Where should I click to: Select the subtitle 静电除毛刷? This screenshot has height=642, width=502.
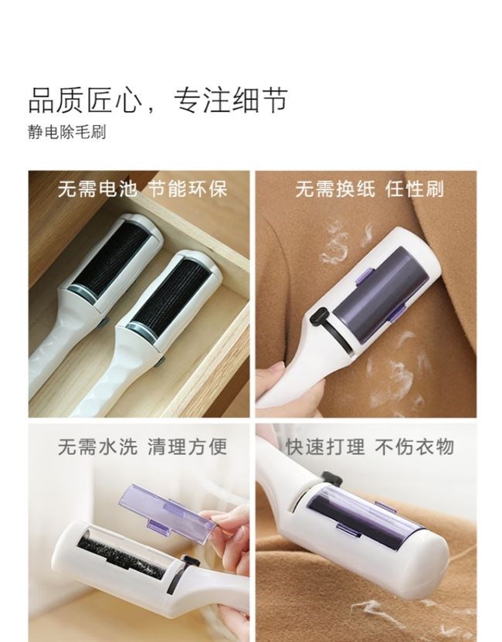click(67, 132)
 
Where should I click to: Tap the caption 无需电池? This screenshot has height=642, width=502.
click(97, 189)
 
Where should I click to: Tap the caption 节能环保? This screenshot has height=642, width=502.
click(187, 189)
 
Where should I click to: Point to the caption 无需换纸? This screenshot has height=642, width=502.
click(335, 189)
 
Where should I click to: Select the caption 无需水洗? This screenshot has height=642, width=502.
click(97, 447)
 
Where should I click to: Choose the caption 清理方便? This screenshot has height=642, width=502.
click(187, 447)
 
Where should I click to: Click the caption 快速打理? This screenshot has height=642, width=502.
click(324, 447)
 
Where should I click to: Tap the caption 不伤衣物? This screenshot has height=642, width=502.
click(415, 447)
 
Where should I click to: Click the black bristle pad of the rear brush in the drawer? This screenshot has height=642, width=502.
click(112, 257)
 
